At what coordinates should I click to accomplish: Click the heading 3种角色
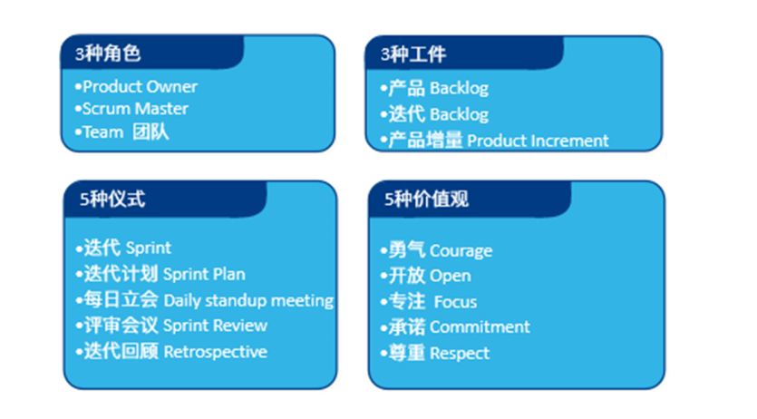pos(108,54)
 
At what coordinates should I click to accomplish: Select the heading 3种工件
pos(413,54)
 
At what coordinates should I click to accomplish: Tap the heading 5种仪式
pos(112,199)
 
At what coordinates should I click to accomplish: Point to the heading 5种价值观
pos(426,199)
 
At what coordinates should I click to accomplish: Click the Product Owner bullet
pos(136,87)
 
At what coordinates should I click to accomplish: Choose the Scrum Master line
pos(131,109)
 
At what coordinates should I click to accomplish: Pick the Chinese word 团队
pos(150,132)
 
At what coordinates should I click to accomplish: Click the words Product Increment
pos(538,141)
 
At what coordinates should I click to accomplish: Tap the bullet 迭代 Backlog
pos(434,114)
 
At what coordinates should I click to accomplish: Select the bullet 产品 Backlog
pos(434,88)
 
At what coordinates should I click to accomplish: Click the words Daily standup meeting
pos(248,301)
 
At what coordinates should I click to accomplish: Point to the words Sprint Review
pos(216,326)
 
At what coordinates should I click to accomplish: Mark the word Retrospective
pos(216,352)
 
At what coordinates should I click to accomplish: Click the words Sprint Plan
pos(204,274)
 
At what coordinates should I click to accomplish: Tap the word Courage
pos(461,251)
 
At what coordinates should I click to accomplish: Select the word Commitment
pos(480,326)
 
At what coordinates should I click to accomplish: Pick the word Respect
pos(460,354)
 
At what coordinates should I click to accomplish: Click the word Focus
pos(455,302)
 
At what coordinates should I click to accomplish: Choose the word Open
pos(450,276)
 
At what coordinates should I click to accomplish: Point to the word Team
pos(102,132)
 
